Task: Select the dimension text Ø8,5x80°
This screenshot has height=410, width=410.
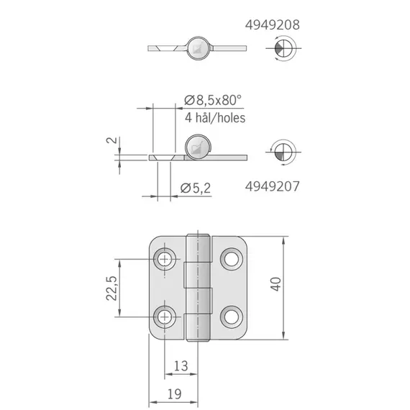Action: click(x=214, y=99)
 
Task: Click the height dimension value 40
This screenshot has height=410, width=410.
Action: click(x=294, y=286)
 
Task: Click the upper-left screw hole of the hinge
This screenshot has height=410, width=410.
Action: click(x=166, y=258)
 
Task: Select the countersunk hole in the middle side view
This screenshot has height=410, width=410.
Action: click(x=162, y=156)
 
